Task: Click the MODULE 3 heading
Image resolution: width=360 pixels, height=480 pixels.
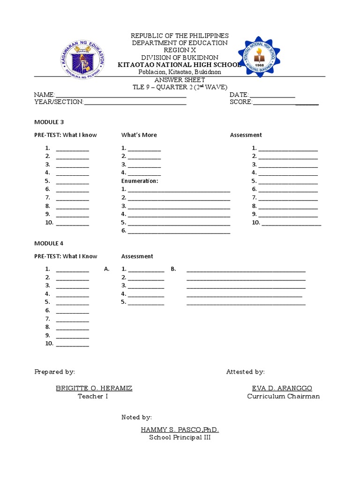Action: tap(49, 122)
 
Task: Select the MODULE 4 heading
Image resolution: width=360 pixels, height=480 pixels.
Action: tap(49, 243)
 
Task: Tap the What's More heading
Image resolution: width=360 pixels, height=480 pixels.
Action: tap(139, 135)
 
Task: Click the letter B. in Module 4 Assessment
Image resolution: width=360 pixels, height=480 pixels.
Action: tap(173, 269)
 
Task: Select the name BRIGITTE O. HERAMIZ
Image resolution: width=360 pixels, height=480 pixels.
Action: tap(94, 389)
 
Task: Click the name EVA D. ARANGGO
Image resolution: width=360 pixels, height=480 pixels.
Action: tap(282, 389)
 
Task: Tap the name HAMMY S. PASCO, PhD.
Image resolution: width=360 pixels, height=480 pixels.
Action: tap(180, 430)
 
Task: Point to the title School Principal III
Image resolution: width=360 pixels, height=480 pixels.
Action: tap(180, 437)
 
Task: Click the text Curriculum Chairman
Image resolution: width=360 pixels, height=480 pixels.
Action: tap(284, 397)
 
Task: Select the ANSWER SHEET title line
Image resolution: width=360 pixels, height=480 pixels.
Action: tap(180, 80)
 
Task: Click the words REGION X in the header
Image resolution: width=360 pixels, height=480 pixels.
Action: tap(180, 50)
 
